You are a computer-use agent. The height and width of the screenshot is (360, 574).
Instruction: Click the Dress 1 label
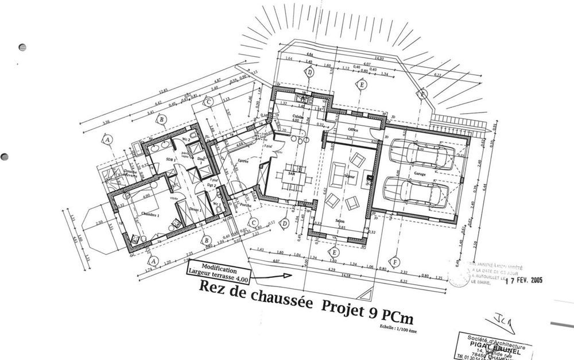pos(195,209)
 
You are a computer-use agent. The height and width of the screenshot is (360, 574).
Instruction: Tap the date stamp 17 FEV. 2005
pos(523,281)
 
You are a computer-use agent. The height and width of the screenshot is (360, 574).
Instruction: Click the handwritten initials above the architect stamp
pos(499,316)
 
